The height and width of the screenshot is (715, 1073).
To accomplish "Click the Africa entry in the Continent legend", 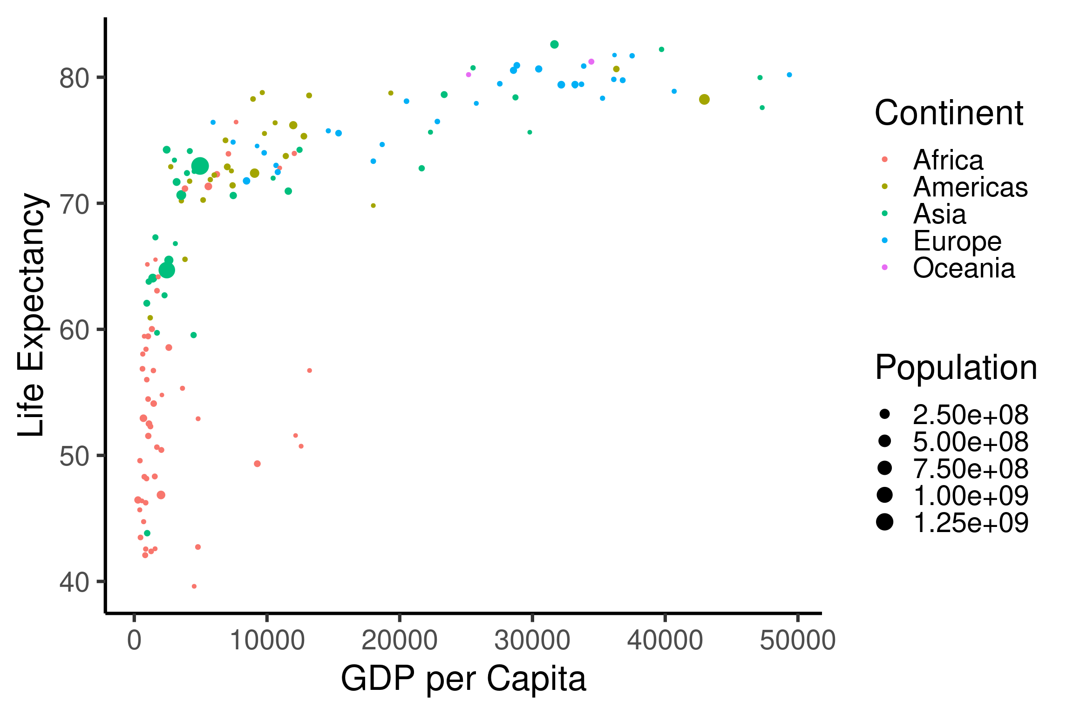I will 948,160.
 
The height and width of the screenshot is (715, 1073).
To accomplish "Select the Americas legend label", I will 970,187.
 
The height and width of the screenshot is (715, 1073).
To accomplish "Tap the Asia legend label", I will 939,214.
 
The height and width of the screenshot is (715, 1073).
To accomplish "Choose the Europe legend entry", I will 957,241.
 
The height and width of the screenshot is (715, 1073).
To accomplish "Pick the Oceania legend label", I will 964,268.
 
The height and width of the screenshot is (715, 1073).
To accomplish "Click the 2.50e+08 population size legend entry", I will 970,414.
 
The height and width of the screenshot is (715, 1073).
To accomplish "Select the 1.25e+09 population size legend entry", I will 970,522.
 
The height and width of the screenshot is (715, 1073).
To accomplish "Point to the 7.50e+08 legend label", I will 970,468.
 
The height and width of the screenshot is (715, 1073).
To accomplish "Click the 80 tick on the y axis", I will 74,78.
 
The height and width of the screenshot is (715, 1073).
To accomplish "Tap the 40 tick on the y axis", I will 74,582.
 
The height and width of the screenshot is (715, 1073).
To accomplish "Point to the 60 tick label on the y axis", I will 74,330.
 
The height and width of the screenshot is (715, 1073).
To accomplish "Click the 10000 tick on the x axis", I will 267,641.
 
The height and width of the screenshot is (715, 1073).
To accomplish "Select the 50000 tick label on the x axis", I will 797,641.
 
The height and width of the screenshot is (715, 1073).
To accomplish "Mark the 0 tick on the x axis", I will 134,641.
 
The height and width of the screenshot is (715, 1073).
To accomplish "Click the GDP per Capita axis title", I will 463,679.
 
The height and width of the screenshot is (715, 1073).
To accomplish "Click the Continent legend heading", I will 949,113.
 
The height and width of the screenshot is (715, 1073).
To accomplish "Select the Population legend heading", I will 956,368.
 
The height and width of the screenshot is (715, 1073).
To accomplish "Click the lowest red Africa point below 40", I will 194,586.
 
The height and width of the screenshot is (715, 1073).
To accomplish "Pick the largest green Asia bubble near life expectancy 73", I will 200,166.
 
